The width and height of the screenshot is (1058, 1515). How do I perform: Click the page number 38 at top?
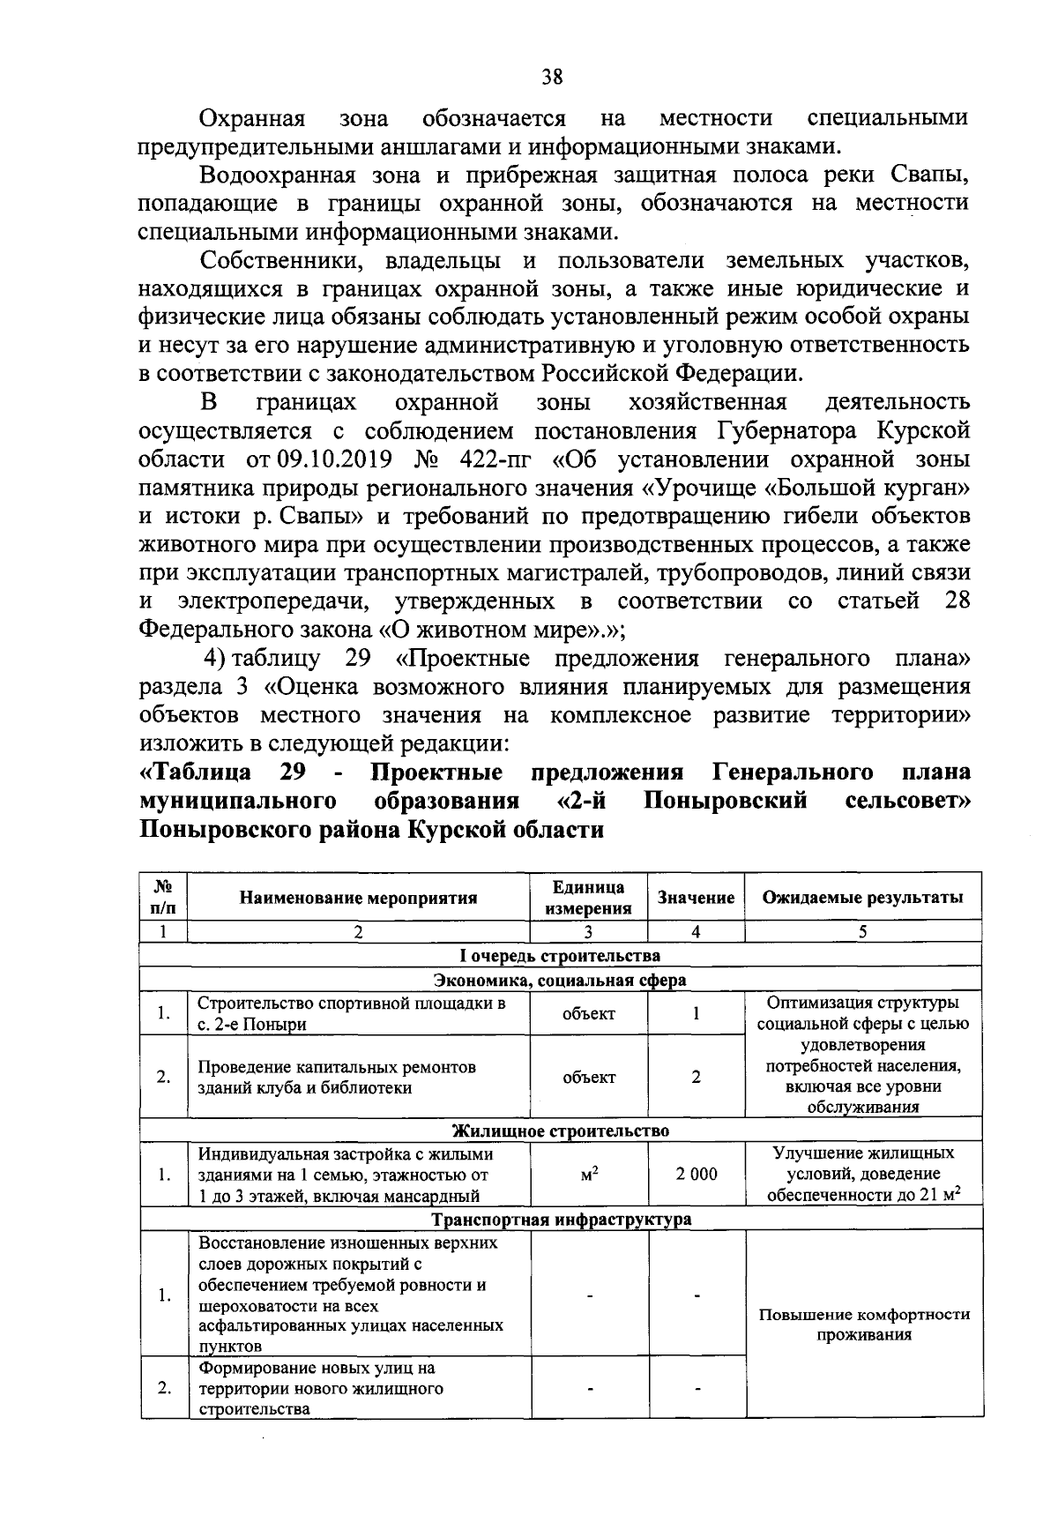(553, 77)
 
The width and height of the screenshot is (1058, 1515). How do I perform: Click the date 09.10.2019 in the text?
(330, 460)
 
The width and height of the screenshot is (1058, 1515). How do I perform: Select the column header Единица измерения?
(588, 898)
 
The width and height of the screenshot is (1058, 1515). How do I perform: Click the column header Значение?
(696, 898)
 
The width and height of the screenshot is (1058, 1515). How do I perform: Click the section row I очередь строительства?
(560, 956)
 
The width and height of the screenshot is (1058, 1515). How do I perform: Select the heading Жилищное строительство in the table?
(560, 1131)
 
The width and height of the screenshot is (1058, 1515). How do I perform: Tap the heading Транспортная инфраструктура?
(560, 1220)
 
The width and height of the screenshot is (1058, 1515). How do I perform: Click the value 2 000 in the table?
(697, 1175)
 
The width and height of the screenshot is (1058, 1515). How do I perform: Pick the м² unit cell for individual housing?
(589, 1175)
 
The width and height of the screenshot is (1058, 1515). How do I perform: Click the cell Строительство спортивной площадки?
(351, 1014)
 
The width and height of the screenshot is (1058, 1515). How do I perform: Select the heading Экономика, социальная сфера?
(560, 980)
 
